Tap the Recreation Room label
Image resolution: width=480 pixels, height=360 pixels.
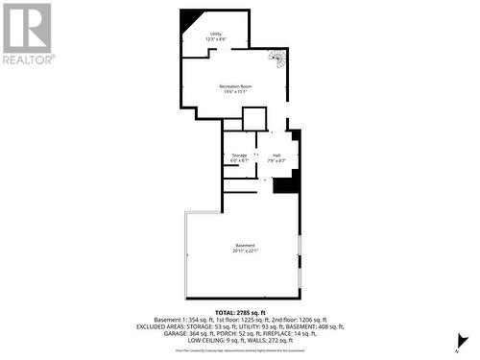pyautogui.click(x=235, y=87)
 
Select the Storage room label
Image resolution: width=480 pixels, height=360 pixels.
pyautogui.click(x=239, y=155)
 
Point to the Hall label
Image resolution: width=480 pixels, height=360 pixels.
pyautogui.click(x=276, y=155)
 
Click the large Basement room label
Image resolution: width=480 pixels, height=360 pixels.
pyautogui.click(x=246, y=246)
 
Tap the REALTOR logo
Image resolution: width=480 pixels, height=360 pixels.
pyautogui.click(x=27, y=34)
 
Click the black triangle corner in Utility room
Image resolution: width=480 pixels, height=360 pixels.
pyautogui.click(x=190, y=17)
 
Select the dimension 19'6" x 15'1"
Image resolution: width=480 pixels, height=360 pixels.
pyautogui.click(x=235, y=93)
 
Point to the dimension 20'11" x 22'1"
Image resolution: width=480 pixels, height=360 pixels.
pyautogui.click(x=246, y=252)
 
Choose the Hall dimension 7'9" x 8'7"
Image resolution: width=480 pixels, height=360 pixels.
pyautogui.click(x=276, y=160)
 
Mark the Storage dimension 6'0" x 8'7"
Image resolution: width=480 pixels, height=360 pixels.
pyautogui.click(x=239, y=160)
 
